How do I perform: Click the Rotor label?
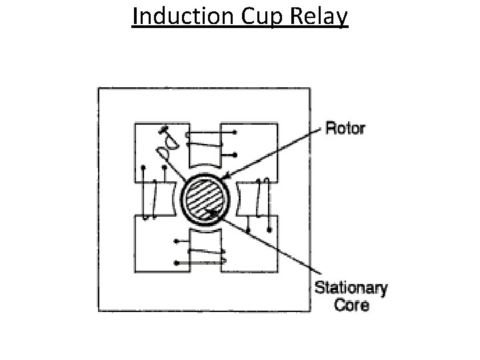click(x=345, y=128)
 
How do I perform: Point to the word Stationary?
click(x=351, y=289)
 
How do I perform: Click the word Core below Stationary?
click(x=351, y=307)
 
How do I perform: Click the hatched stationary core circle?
click(x=206, y=197)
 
